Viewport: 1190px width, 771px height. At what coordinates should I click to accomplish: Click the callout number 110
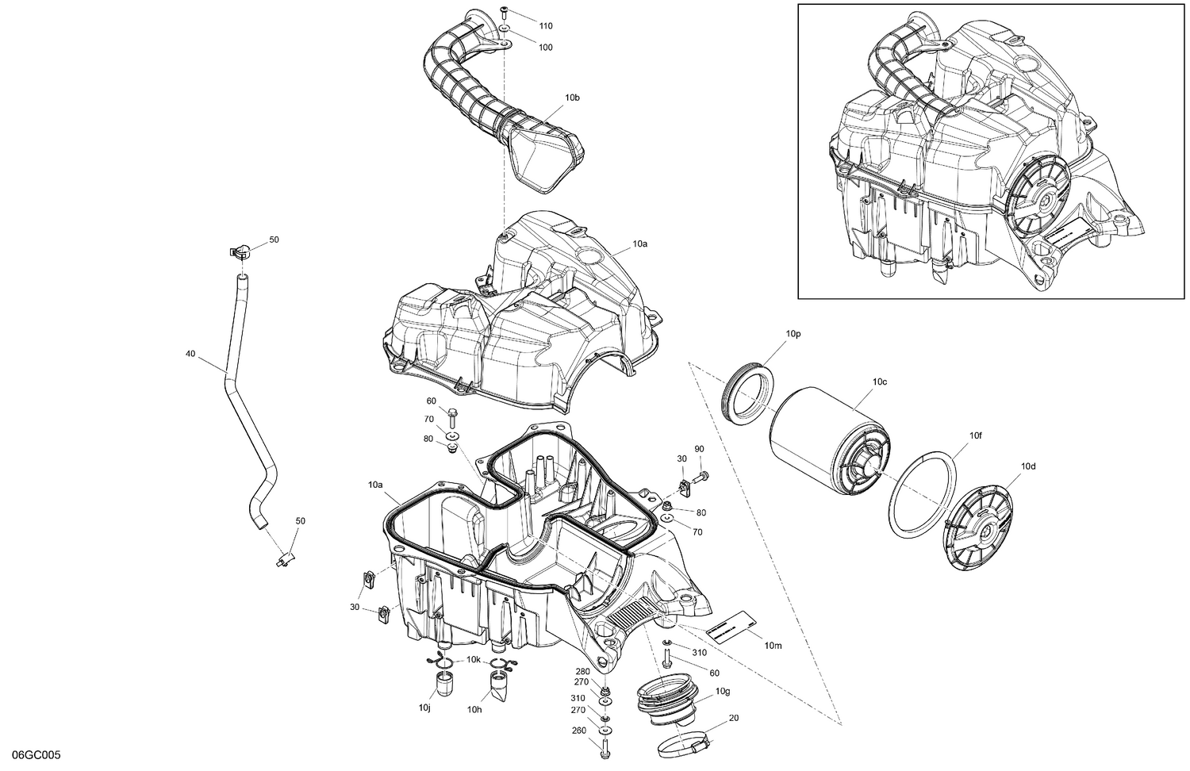[x=545, y=26]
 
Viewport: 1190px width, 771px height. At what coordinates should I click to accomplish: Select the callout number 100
[x=545, y=48]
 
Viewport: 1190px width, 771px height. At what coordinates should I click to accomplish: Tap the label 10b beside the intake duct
[x=572, y=98]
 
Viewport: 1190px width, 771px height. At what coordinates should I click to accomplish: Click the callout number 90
[x=699, y=449]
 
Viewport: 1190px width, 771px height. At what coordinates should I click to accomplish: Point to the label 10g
[x=722, y=692]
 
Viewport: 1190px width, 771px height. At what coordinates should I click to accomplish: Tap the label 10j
[x=424, y=707]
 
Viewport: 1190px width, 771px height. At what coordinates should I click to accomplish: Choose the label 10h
[x=474, y=710]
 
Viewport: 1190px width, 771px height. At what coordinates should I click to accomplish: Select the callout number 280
[x=582, y=671]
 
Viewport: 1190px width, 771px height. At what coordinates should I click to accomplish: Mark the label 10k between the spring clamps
[x=473, y=660]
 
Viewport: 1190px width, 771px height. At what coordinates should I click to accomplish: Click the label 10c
[x=879, y=382]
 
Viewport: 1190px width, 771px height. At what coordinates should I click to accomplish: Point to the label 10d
[x=1028, y=466]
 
